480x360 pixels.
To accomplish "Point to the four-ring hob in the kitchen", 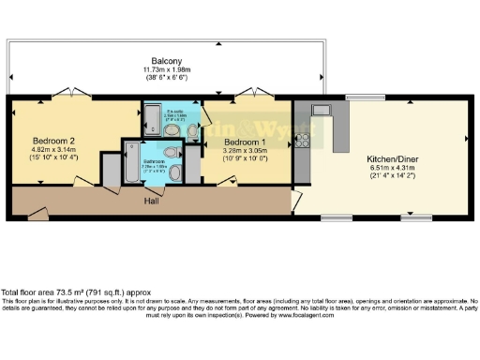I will tap(303, 141).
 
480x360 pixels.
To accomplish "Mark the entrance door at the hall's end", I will tap(37, 215).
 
